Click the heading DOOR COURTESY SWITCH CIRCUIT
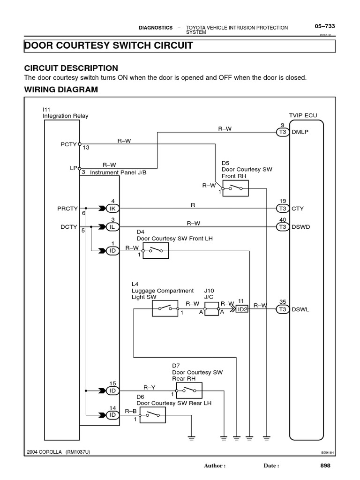click(x=108, y=45)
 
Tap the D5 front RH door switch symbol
click(x=235, y=188)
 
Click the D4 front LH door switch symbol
click(x=156, y=251)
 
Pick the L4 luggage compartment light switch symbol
click(x=165, y=308)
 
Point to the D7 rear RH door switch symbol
click(x=189, y=390)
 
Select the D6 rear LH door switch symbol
click(x=152, y=415)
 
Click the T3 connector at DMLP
click(x=282, y=132)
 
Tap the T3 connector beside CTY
click(x=282, y=208)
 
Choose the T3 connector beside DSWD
click(x=282, y=227)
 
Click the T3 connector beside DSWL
click(x=282, y=309)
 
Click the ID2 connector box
click(x=242, y=309)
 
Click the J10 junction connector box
click(x=212, y=309)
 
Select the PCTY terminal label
click(x=68, y=144)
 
